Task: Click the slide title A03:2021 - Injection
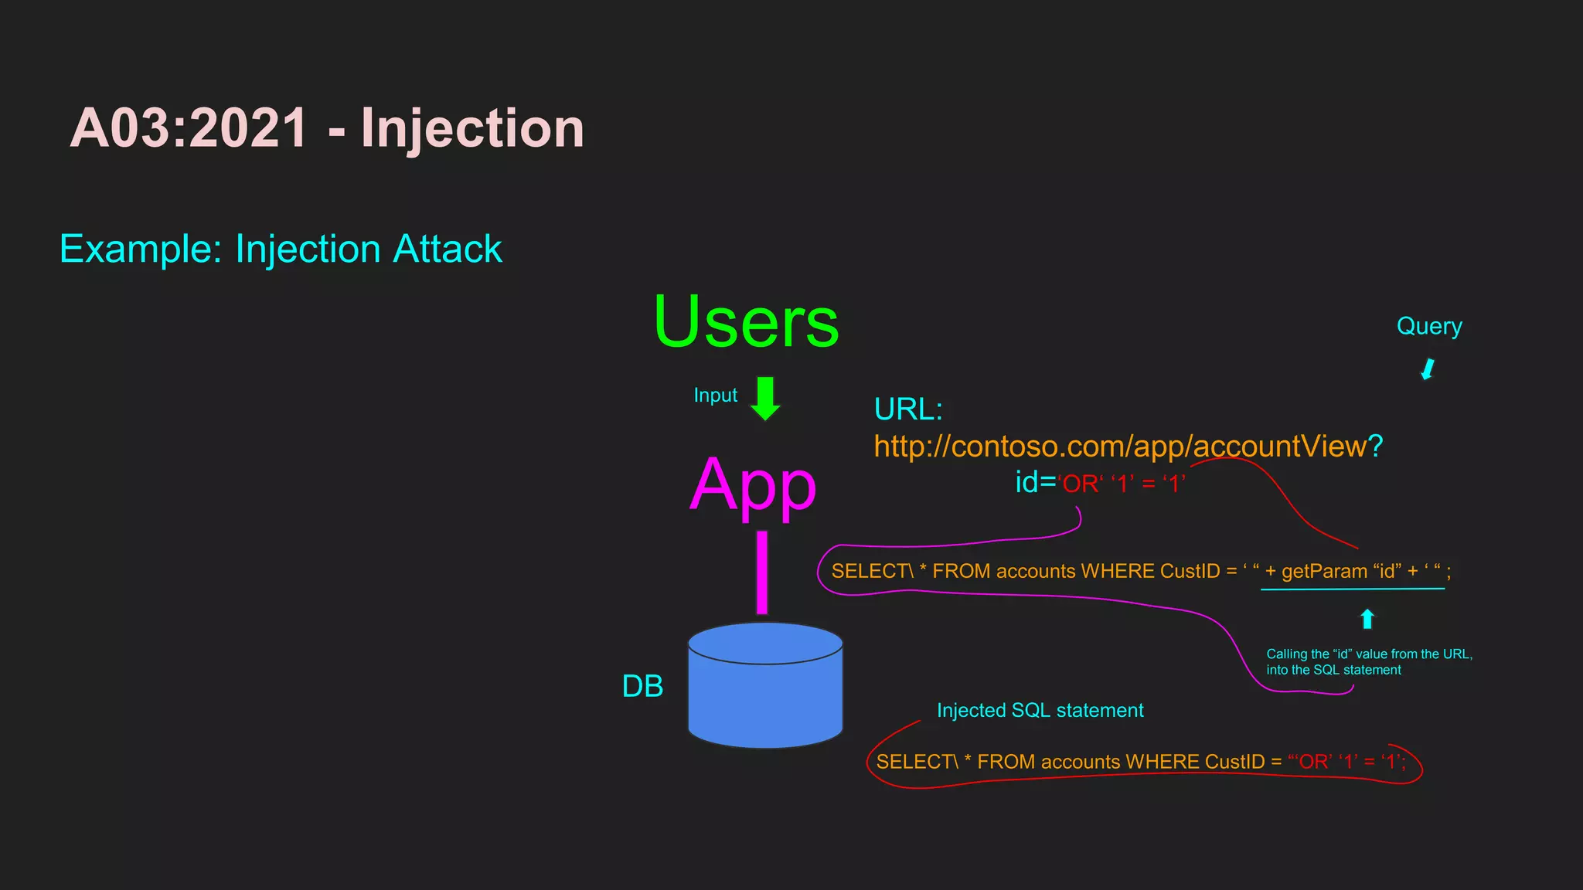tap(327, 128)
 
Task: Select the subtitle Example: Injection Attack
tap(281, 250)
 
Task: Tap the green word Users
tap(746, 322)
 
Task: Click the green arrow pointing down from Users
tap(765, 399)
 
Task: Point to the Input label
tap(715, 396)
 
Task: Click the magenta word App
tap(752, 485)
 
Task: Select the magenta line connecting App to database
tap(762, 572)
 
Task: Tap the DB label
tap(642, 686)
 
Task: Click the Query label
tap(1429, 326)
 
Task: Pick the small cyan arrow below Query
tap(1428, 369)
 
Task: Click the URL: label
tap(908, 409)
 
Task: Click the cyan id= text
tap(1035, 482)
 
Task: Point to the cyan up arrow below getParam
tap(1367, 619)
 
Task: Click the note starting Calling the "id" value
tap(1369, 662)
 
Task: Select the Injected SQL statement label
tap(1040, 711)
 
